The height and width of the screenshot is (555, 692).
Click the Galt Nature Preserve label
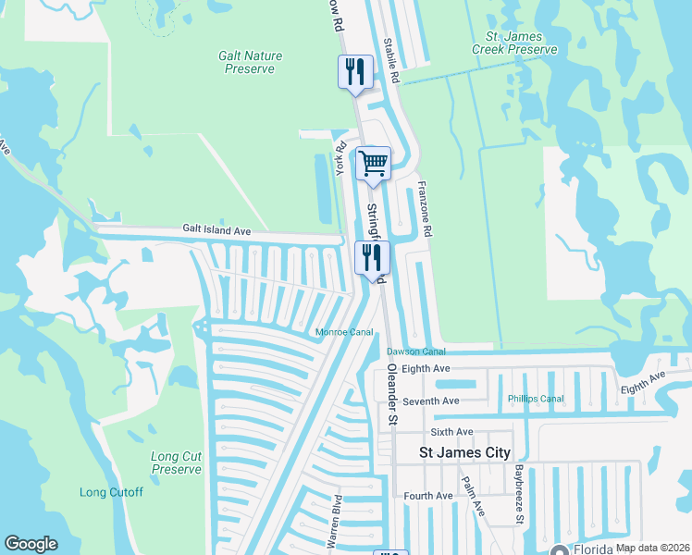point(250,62)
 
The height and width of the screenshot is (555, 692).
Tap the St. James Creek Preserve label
point(514,35)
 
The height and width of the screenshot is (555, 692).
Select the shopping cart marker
point(373,165)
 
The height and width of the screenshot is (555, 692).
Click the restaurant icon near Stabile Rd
point(355,72)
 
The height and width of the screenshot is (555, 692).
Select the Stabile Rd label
point(391,64)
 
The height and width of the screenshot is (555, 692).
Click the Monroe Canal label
point(345,332)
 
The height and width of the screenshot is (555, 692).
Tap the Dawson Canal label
point(415,351)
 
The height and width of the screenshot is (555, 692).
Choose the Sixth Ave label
point(451,432)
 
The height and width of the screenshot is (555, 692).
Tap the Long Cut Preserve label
point(176,462)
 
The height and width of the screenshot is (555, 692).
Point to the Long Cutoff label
point(111,492)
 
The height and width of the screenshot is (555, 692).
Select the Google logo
point(31,544)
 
